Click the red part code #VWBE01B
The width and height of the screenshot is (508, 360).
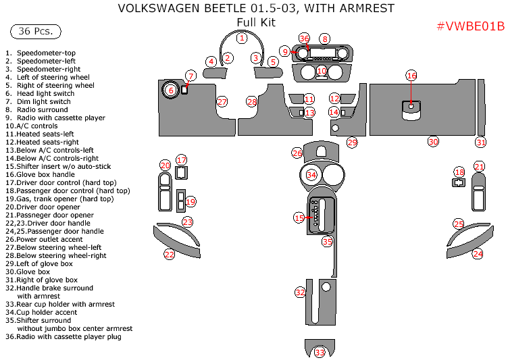(470, 26)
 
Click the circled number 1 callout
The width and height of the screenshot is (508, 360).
(241, 38)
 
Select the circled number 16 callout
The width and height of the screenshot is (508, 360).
(411, 76)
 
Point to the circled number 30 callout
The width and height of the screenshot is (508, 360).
(433, 141)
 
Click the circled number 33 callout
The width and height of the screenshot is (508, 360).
(320, 352)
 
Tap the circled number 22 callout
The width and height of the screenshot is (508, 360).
(169, 254)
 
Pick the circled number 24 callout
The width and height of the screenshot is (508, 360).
(478, 254)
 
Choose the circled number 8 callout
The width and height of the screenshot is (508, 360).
(325, 39)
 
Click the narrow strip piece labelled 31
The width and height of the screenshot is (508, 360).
(481, 108)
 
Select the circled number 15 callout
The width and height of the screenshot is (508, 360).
(299, 217)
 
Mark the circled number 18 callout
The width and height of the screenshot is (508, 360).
(459, 172)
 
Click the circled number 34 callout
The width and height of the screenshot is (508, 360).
(311, 175)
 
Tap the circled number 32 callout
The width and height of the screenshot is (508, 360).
(300, 292)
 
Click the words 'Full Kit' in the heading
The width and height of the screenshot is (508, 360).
(256, 22)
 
